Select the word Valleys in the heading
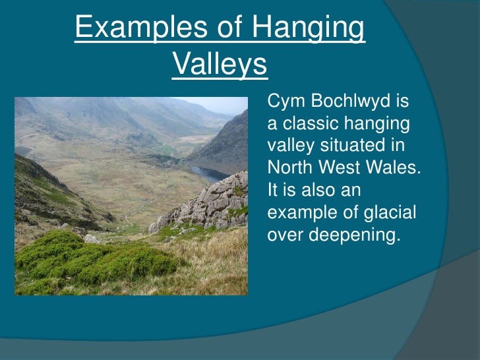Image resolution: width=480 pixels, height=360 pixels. click(x=220, y=65)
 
